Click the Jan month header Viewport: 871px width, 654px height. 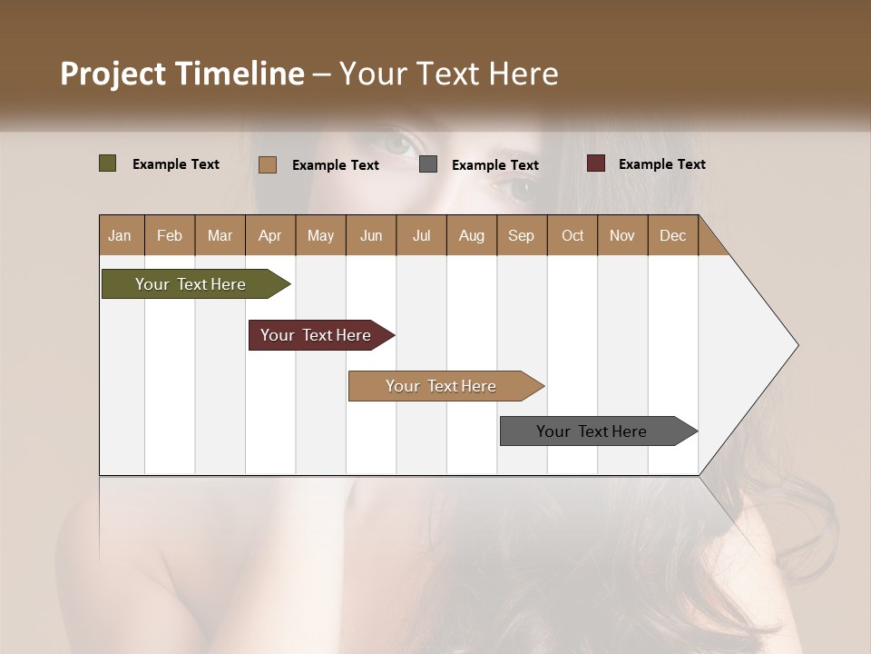(x=120, y=235)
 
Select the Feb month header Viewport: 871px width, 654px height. (x=170, y=235)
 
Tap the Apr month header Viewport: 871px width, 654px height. (x=269, y=235)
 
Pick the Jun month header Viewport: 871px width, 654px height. (x=371, y=235)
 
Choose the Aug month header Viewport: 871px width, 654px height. (x=471, y=235)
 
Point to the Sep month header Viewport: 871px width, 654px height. (x=521, y=235)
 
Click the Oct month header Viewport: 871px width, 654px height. (x=573, y=235)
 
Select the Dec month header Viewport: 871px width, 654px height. (x=672, y=235)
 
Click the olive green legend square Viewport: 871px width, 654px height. (x=108, y=163)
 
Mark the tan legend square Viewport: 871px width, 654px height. (x=268, y=164)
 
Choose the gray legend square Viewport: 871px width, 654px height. (x=428, y=164)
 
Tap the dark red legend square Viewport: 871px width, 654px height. (x=596, y=163)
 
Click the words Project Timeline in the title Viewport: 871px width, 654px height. (x=181, y=74)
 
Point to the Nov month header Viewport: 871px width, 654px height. (x=621, y=235)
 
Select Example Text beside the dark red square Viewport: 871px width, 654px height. (x=661, y=164)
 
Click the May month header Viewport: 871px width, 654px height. (x=320, y=235)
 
